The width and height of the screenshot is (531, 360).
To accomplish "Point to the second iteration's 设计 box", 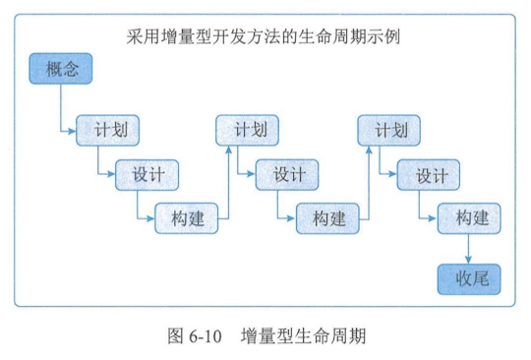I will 288,175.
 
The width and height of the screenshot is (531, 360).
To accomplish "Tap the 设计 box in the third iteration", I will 430,175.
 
